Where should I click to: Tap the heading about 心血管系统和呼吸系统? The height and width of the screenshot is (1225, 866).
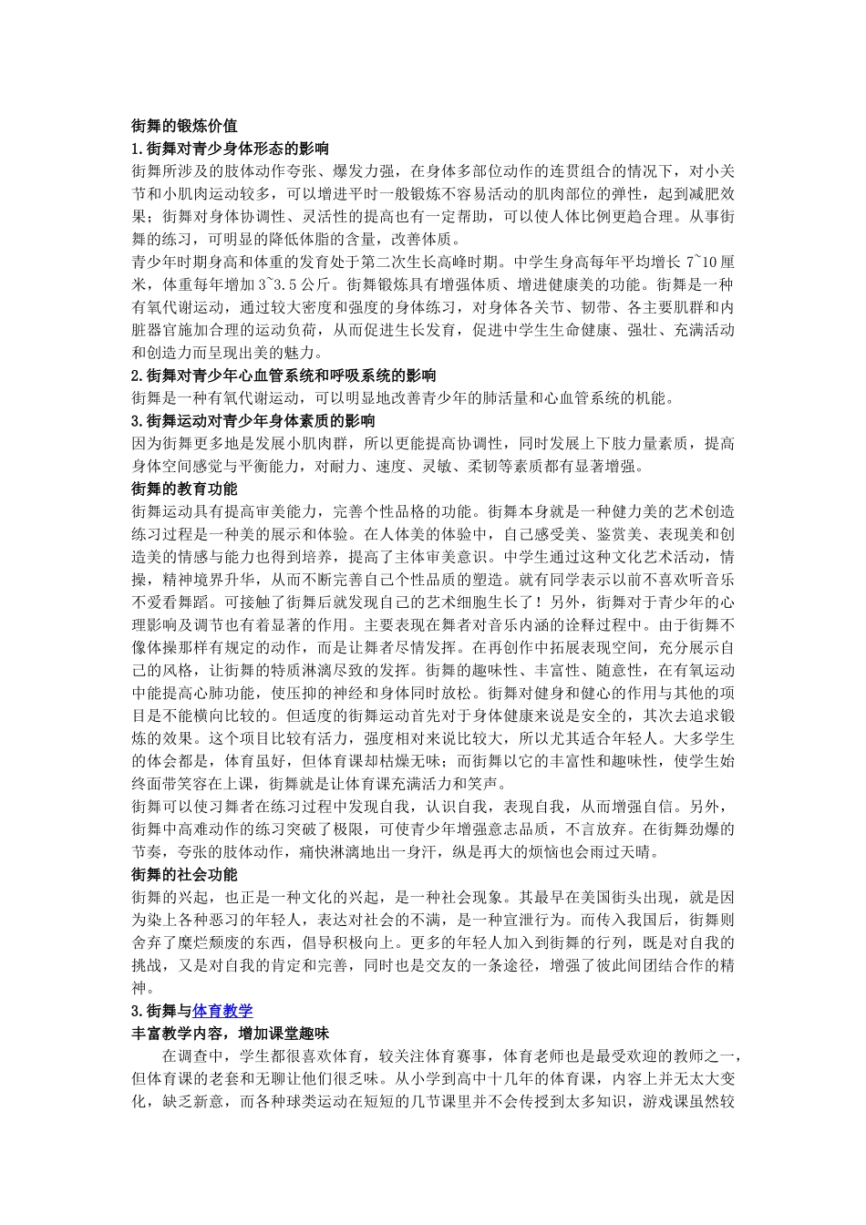pyautogui.click(x=284, y=375)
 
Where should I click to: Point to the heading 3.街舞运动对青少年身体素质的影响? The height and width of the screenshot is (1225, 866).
pyautogui.click(x=253, y=420)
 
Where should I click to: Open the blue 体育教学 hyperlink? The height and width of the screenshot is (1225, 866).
pyautogui.click(x=222, y=1010)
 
